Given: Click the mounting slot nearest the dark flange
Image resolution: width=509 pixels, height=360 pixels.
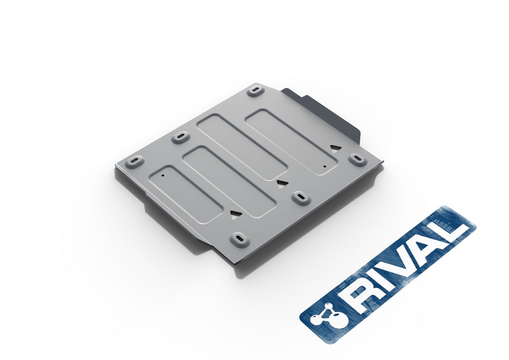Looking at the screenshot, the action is tap(256, 90).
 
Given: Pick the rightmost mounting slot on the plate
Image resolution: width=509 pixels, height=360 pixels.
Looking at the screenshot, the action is tap(356, 159).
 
